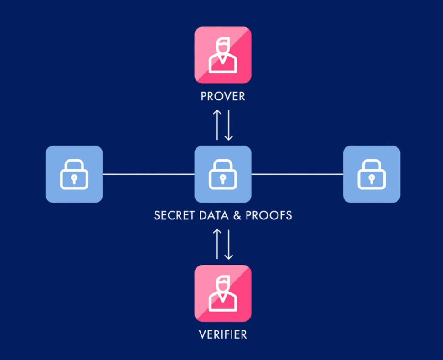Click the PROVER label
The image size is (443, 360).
click(x=223, y=97)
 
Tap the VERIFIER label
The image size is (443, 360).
click(x=223, y=334)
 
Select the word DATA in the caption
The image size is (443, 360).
click(x=211, y=215)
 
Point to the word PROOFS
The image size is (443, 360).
click(x=269, y=215)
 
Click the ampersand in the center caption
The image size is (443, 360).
click(x=237, y=215)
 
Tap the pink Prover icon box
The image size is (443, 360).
click(x=223, y=55)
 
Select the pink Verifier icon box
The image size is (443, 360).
click(x=223, y=293)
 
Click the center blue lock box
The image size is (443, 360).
click(x=223, y=174)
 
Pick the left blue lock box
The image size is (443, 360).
click(x=74, y=174)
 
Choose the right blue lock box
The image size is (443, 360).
click(x=371, y=174)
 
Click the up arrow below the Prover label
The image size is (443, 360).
click(x=218, y=125)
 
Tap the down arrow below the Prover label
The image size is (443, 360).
click(x=228, y=125)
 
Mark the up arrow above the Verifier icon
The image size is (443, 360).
click(x=218, y=244)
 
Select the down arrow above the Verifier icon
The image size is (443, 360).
click(x=228, y=244)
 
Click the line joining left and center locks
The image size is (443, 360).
click(x=149, y=174)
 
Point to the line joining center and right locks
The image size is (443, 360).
click(x=297, y=174)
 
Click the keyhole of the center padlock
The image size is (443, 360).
click(x=223, y=179)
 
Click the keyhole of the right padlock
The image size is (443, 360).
click(x=371, y=179)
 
